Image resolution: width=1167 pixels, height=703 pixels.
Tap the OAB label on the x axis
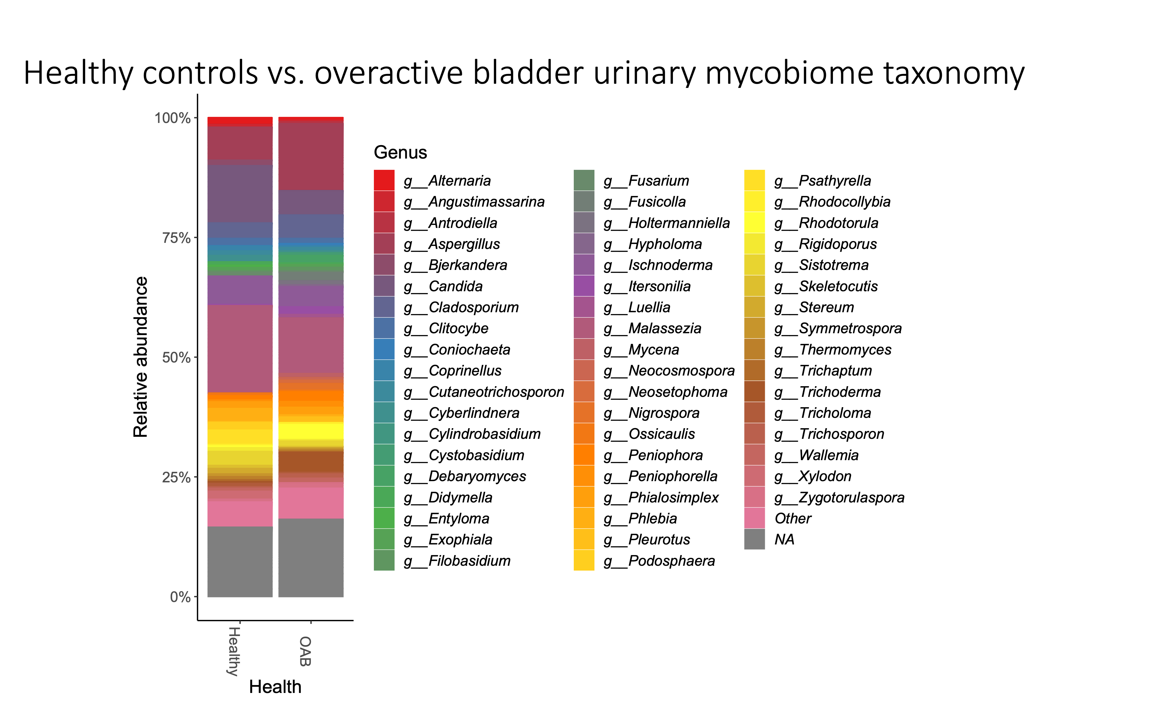pyautogui.click(x=305, y=651)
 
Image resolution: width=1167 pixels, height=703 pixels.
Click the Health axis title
pyautogui.click(x=275, y=687)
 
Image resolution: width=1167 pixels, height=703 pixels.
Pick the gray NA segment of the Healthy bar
pyautogui.click(x=240, y=561)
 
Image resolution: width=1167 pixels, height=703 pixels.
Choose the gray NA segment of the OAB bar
pyautogui.click(x=311, y=558)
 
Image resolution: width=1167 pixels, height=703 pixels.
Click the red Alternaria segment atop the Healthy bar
pyautogui.click(x=240, y=121)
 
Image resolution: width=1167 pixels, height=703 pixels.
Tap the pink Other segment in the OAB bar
pyautogui.click(x=311, y=503)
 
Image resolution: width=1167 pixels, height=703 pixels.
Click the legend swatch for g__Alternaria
pyautogui.click(x=384, y=180)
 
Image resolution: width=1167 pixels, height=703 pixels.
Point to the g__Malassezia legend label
pyautogui.click(x=665, y=328)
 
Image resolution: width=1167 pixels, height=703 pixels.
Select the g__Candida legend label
pyautogui.click(x=455, y=286)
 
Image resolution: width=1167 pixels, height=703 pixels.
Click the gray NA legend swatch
pyautogui.click(x=755, y=539)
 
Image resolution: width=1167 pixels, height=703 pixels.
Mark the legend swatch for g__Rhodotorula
pyautogui.click(x=755, y=223)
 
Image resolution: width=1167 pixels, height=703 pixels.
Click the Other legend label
pyautogui.click(x=793, y=518)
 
